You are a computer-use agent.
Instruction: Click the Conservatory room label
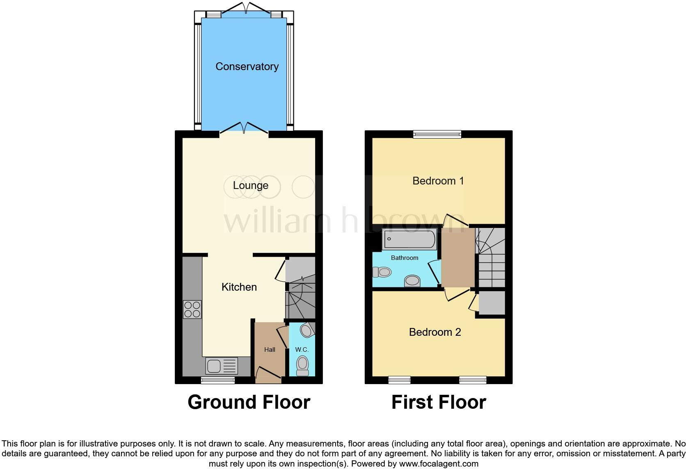(247, 66)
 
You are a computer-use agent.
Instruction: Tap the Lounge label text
(250, 185)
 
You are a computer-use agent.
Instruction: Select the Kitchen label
(239, 287)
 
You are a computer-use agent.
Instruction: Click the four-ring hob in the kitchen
(192, 310)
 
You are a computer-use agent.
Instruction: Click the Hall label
(270, 350)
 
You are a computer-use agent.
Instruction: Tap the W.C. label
(302, 350)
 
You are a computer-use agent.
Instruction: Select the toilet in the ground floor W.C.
(302, 365)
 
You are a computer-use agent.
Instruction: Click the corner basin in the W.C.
(307, 330)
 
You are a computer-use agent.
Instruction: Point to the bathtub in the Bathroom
(409, 239)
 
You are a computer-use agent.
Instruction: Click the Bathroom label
(405, 258)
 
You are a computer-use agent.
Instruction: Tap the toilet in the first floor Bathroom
(382, 272)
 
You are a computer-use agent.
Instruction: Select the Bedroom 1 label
(438, 181)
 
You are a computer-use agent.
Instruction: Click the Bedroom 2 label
(435, 332)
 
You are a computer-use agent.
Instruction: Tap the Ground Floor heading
(249, 402)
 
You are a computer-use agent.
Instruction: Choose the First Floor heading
(439, 402)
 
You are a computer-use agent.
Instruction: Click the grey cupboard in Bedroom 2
(492, 303)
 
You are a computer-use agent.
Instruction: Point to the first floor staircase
(490, 258)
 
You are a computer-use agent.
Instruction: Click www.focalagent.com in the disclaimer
(438, 464)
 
